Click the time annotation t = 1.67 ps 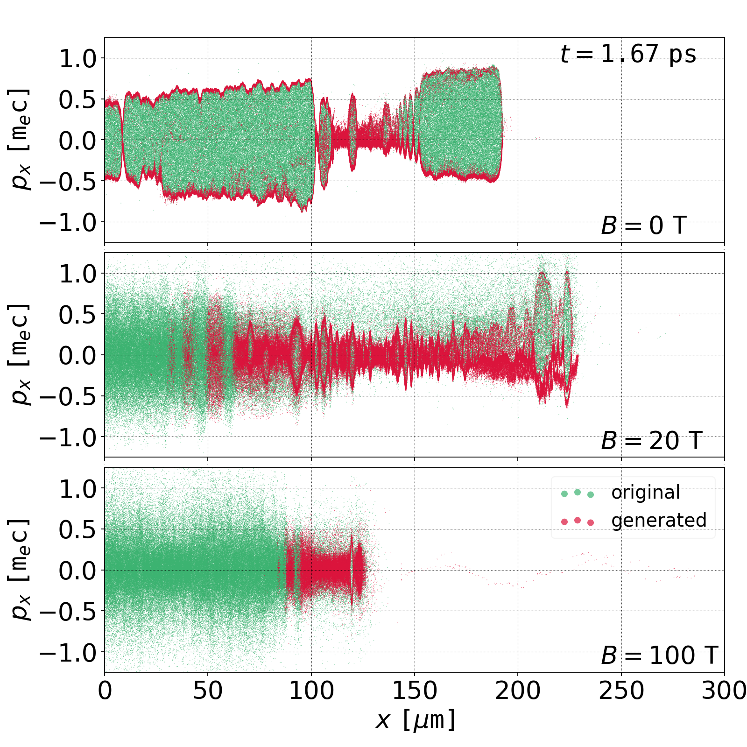[628, 54]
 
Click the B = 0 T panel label [643, 226]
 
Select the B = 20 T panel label [651, 441]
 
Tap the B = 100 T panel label [659, 655]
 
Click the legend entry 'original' [645, 493]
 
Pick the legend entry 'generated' [658, 520]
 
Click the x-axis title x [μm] [415, 720]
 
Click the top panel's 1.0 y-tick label [78, 59]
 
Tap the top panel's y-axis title [20, 140]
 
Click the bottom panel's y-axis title [20, 570]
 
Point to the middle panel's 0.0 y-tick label [78, 355]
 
